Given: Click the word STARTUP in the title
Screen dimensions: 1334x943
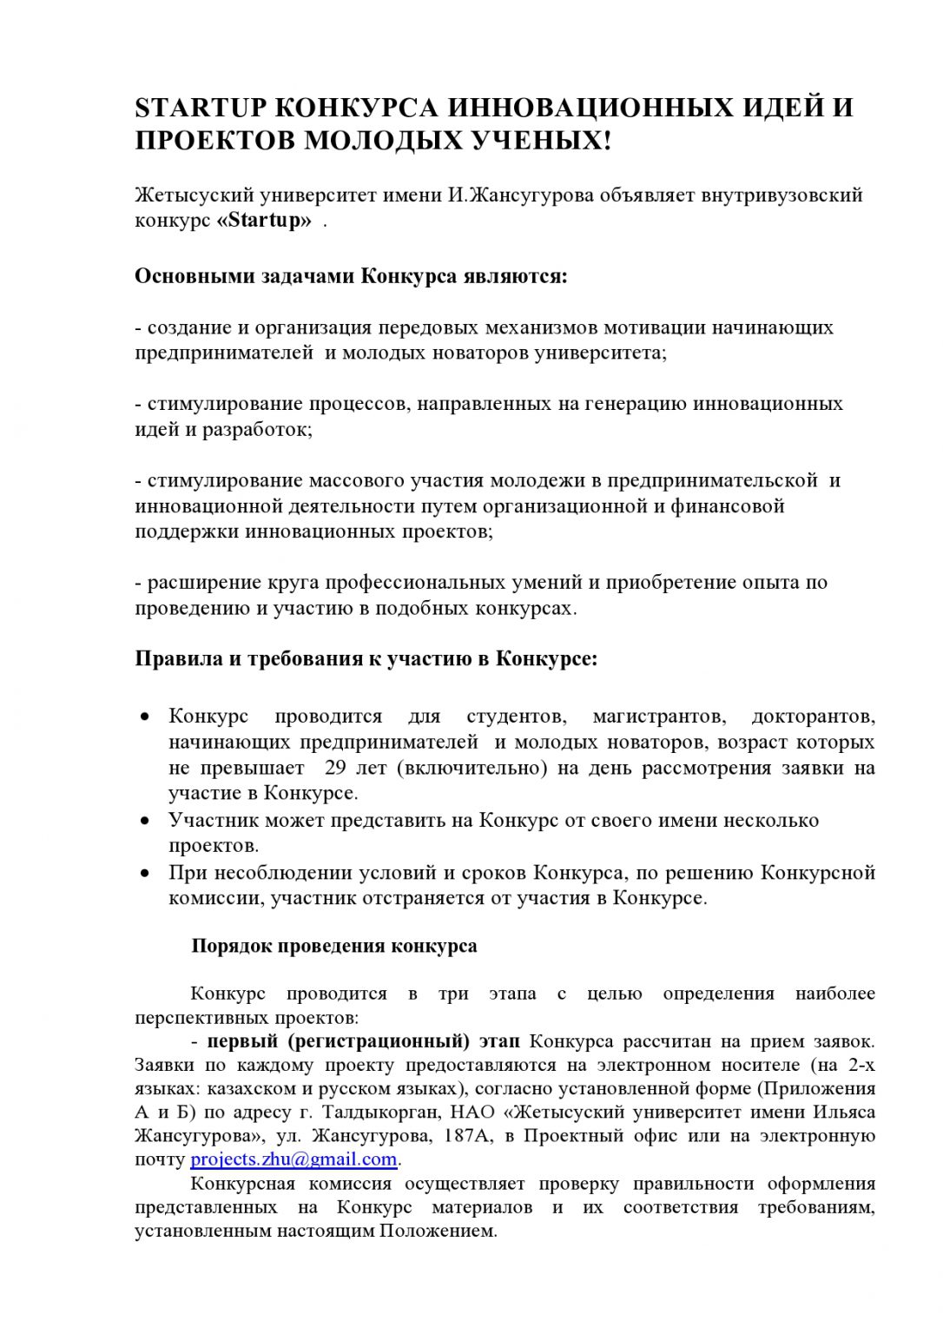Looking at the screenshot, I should coord(200,109).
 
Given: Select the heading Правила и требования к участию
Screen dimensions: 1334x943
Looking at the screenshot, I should coord(366,658).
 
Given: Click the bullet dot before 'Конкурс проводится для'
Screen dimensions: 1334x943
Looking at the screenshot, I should coord(147,717).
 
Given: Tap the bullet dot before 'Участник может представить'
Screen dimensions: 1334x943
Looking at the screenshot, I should coord(147,821).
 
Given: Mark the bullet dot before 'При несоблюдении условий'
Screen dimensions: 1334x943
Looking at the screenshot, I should coord(147,873).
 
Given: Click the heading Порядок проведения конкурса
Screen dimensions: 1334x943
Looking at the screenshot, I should coord(333,946).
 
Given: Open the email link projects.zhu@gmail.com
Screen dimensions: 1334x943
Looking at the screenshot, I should coord(293,1159).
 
